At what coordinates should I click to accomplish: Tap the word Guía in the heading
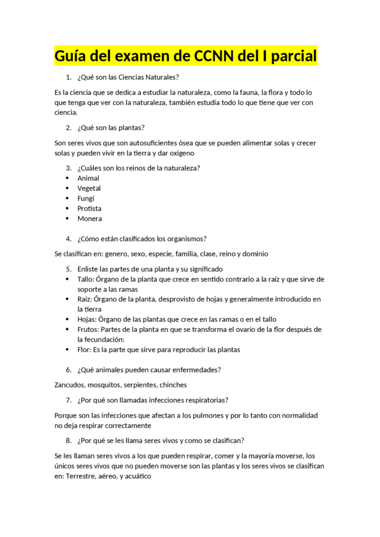click(x=73, y=55)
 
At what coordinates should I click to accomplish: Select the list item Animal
click(x=88, y=178)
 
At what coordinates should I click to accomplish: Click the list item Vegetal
click(x=89, y=188)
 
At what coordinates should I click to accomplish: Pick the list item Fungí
click(x=86, y=198)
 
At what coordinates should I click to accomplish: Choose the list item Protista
click(x=89, y=208)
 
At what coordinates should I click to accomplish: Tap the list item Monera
click(x=90, y=219)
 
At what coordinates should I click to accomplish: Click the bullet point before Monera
click(x=67, y=219)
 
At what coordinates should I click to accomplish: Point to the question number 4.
click(x=68, y=239)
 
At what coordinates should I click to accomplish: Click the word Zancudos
click(x=71, y=385)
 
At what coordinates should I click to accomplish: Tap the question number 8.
click(x=68, y=440)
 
